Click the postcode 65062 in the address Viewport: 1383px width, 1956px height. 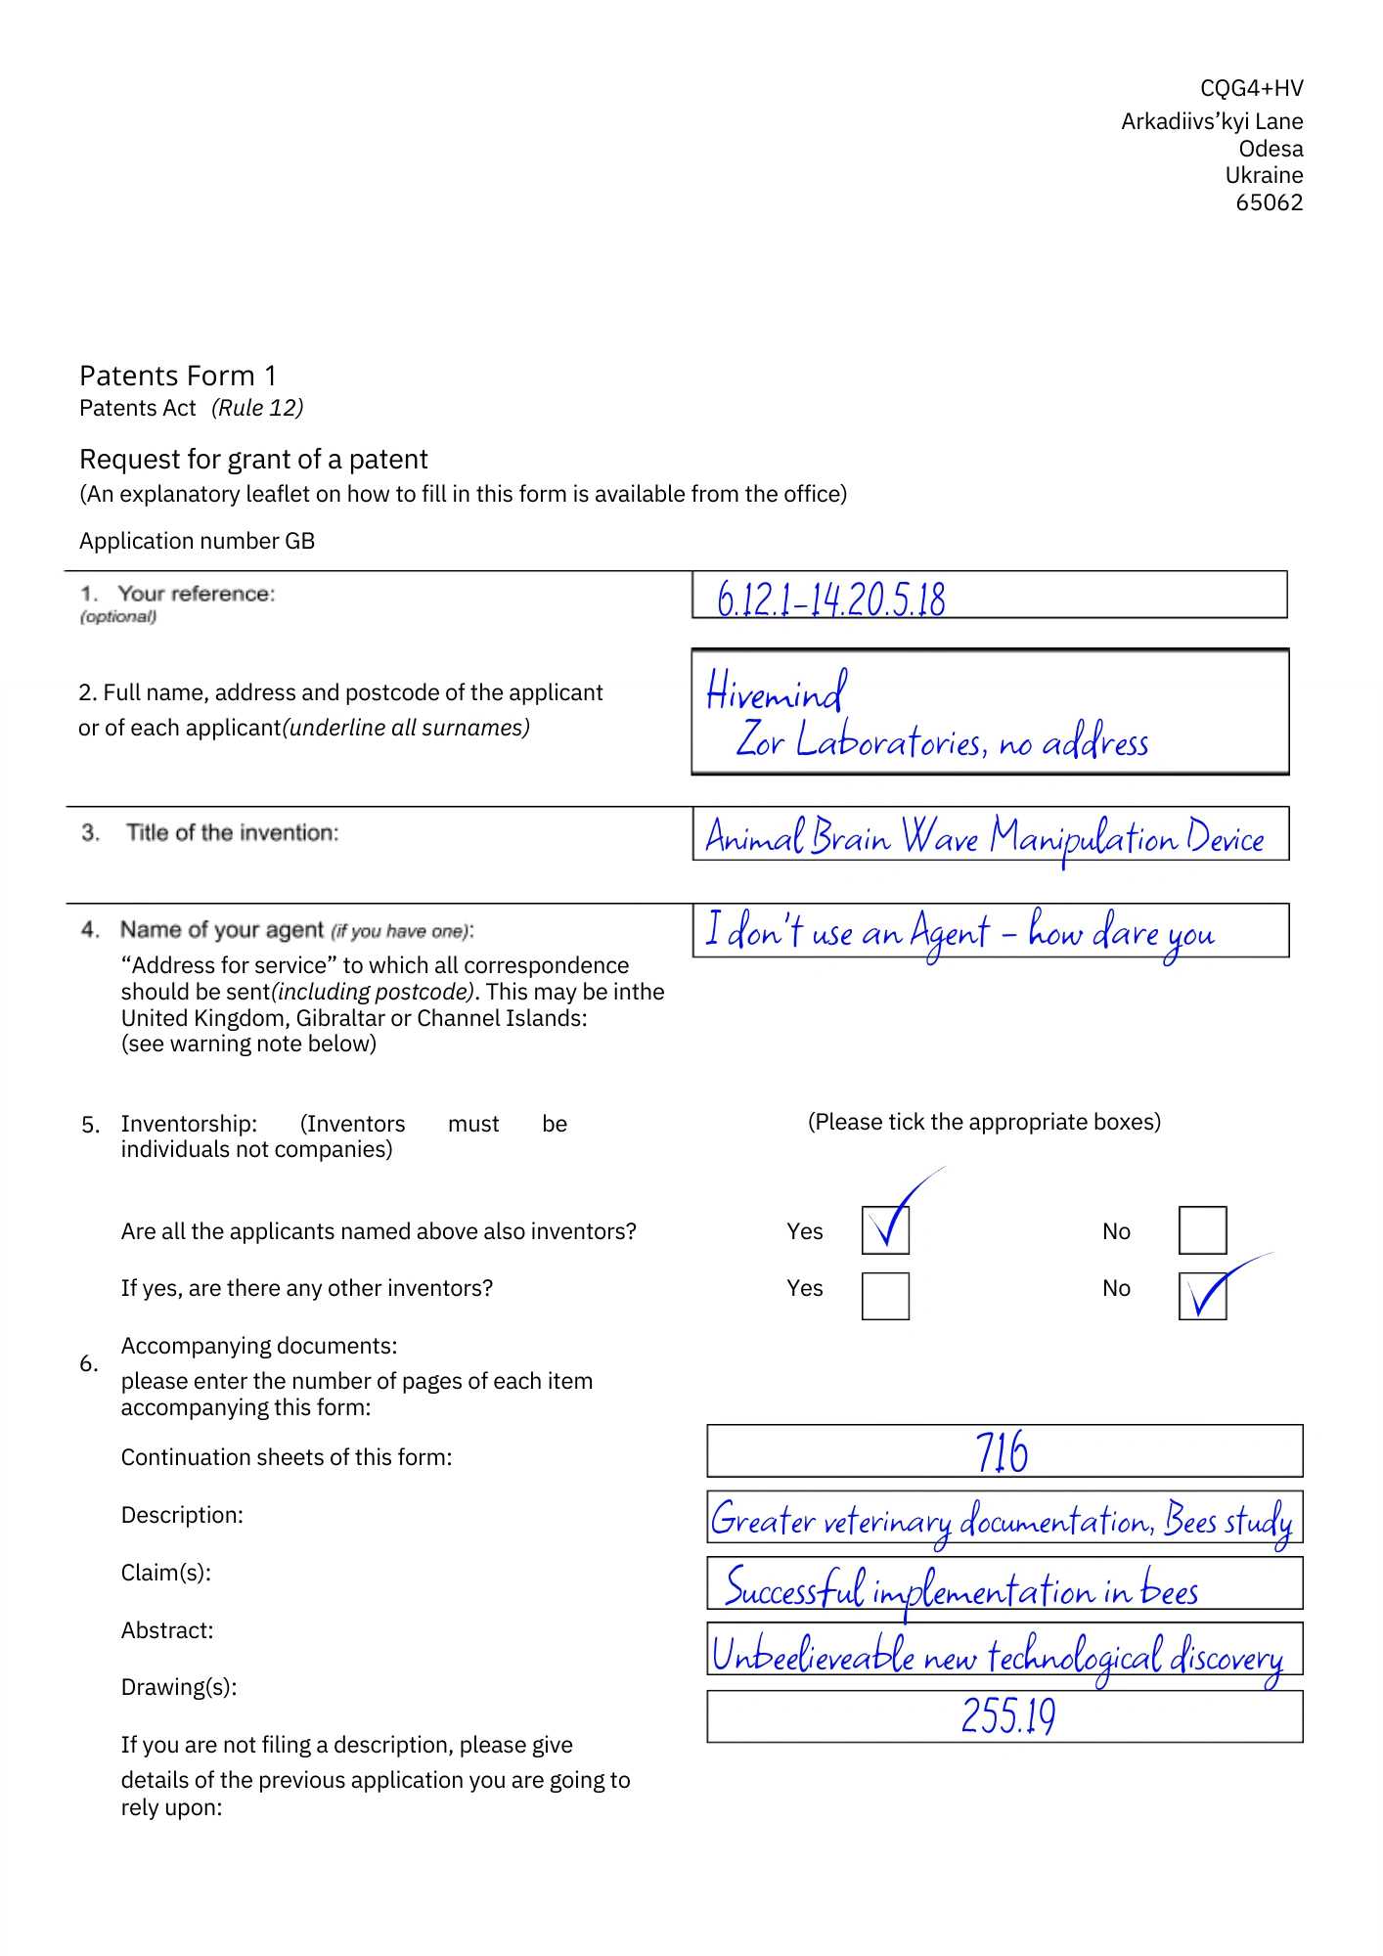(1269, 202)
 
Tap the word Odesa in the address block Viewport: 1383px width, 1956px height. (1271, 149)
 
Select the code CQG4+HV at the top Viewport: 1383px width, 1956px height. (1251, 88)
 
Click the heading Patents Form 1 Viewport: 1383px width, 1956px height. (178, 376)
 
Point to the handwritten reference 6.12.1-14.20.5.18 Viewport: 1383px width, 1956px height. (831, 599)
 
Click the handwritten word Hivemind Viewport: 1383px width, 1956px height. (777, 692)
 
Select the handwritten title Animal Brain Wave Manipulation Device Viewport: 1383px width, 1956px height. (985, 837)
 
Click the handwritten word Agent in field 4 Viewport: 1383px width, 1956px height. (949, 933)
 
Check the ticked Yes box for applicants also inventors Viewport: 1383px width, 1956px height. (885, 1230)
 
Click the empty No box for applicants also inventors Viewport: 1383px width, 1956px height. (1202, 1230)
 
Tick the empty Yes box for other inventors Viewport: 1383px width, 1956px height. (885, 1296)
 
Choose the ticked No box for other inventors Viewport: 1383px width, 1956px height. (1202, 1296)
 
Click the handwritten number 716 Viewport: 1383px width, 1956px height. (1002, 1451)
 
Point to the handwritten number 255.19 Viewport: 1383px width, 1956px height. (1008, 1715)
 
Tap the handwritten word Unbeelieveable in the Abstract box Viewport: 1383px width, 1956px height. (813, 1655)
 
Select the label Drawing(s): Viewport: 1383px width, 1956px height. (179, 1687)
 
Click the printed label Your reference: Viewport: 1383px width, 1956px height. (196, 594)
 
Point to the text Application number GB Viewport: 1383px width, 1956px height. (197, 541)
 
